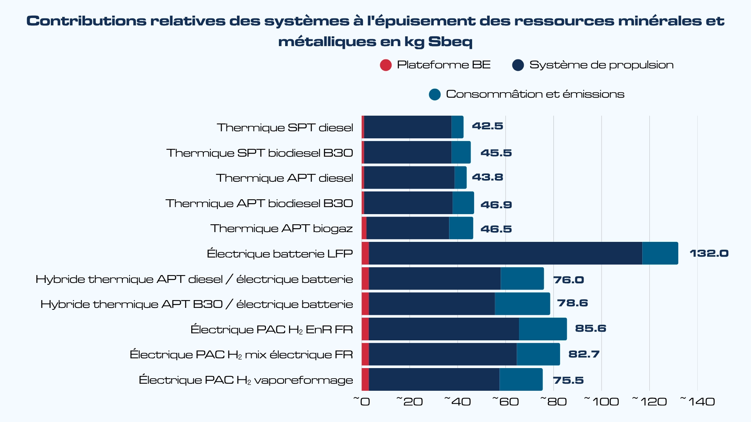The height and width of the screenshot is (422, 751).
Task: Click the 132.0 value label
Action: point(709,254)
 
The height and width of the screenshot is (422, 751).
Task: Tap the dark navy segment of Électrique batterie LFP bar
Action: point(505,253)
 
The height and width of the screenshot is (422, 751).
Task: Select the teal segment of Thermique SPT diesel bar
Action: point(457,127)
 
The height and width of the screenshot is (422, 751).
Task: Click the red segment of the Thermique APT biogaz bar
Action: point(364,228)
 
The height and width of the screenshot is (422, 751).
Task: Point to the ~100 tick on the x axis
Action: point(602,401)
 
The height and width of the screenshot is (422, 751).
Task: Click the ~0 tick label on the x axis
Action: point(362,401)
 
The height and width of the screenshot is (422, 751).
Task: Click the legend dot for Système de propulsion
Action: point(518,65)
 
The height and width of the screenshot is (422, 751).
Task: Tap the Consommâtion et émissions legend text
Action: point(535,94)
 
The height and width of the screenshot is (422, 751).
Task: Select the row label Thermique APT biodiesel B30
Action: point(259,203)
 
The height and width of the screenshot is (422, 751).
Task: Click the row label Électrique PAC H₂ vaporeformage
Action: point(246,380)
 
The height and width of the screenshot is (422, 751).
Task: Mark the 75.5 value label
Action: point(568,380)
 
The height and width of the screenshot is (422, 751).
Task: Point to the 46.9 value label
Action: point(496,204)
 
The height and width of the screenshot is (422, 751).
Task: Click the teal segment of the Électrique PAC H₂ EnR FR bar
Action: point(543,329)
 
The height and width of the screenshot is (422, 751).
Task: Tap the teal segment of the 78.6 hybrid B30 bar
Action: point(522,304)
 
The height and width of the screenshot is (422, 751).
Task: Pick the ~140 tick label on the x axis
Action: point(698,401)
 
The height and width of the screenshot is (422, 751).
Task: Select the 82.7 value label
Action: point(584,354)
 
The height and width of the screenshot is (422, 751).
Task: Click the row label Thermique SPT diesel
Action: point(285,127)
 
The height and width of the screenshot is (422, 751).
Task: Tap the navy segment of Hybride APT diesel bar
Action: point(434,279)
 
